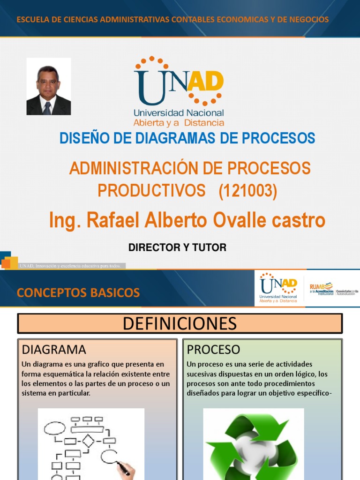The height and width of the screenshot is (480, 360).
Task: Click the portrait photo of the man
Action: click(x=49, y=86)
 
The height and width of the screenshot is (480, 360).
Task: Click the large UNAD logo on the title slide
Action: click(x=179, y=92)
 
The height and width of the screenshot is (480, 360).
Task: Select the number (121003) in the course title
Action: click(x=248, y=190)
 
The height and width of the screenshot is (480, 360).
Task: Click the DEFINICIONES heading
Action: click(x=180, y=323)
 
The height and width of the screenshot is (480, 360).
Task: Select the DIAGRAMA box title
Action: click(x=54, y=349)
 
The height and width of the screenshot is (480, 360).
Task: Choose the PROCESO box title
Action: click(x=213, y=349)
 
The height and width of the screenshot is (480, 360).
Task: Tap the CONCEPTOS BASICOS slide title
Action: click(x=78, y=293)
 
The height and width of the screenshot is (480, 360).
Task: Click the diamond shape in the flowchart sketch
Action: click(x=89, y=441)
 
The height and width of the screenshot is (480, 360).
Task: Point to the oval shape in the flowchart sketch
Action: click(x=55, y=428)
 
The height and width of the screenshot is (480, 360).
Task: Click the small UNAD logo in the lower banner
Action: click(x=278, y=288)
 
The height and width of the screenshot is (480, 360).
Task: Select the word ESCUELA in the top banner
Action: click(x=31, y=20)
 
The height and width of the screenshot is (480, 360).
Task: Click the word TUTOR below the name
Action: click(x=211, y=247)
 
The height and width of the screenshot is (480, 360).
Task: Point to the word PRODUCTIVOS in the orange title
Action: click(x=151, y=190)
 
